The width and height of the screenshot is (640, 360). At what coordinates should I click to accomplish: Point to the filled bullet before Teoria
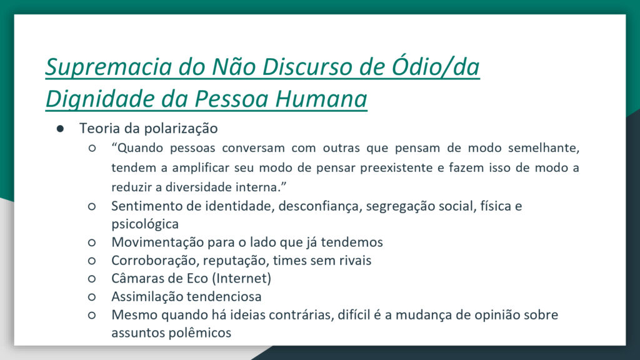pyautogui.click(x=61, y=129)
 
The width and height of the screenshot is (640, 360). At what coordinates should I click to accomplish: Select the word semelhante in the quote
pyautogui.click(x=544, y=147)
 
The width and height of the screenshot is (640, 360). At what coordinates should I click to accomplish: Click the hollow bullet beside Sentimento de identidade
pyautogui.click(x=92, y=206)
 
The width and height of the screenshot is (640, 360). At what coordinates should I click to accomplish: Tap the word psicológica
pyautogui.click(x=145, y=224)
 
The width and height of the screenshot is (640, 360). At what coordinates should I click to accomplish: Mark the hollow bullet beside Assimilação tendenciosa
pyautogui.click(x=92, y=297)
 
